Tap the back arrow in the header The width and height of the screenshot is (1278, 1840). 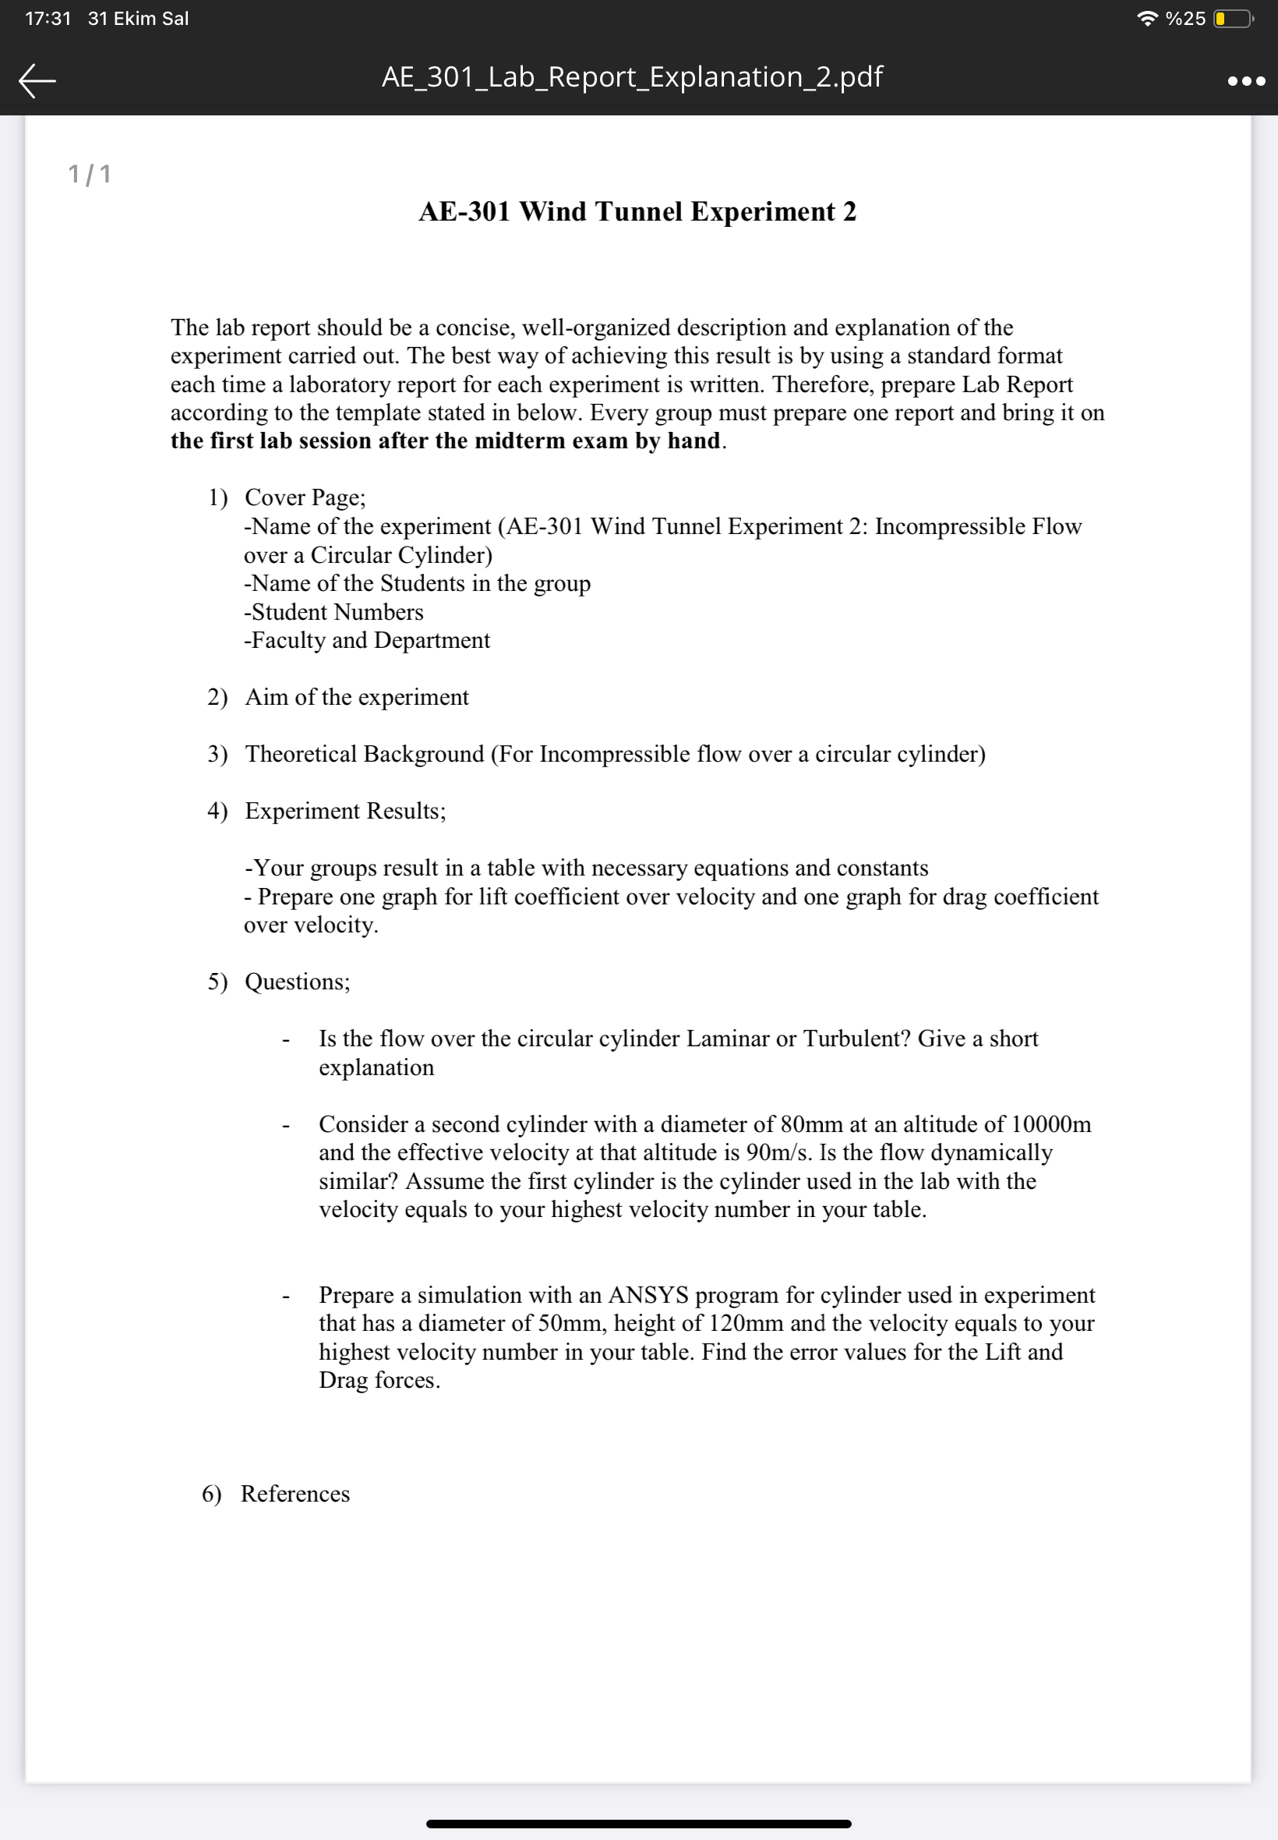point(37,80)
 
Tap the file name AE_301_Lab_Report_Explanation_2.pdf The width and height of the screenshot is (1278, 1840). point(632,77)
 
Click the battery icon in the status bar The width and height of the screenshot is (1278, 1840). point(1233,19)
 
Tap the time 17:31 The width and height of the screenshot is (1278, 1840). point(48,19)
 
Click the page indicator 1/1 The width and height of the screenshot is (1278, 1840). point(90,174)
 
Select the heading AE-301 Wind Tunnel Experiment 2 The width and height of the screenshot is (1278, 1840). point(637,211)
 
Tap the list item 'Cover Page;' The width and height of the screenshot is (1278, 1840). point(305,497)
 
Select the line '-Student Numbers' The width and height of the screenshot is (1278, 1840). point(334,612)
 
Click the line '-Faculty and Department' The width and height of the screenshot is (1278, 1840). point(367,641)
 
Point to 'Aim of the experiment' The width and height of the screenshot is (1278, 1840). point(356,698)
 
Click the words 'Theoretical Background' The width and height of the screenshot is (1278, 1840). point(365,755)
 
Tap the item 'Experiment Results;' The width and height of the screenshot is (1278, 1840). point(345,812)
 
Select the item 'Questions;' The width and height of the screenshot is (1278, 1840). point(297,982)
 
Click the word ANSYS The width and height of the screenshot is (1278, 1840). point(648,1295)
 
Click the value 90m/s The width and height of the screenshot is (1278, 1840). point(778,1152)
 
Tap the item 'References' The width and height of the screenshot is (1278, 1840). point(295,1495)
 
